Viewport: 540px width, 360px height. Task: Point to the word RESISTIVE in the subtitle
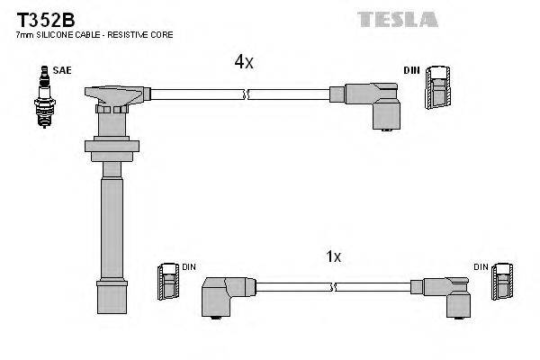pos(134,34)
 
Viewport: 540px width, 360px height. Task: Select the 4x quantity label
pos(244,62)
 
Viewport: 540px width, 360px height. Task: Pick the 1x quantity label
pos(333,256)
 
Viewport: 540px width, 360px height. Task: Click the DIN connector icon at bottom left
pos(167,280)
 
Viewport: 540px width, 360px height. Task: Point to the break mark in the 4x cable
pos(246,93)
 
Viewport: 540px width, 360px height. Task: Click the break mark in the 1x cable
pos(334,287)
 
